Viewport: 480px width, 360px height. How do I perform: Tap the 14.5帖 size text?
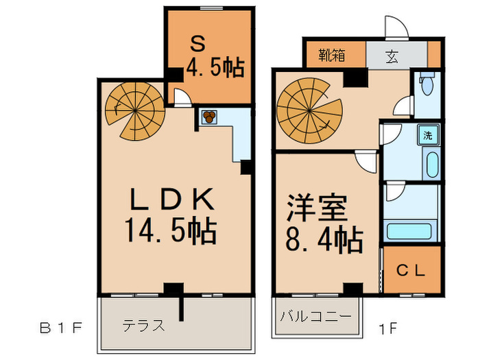[171, 232]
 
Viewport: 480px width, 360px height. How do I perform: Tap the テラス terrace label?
[143, 325]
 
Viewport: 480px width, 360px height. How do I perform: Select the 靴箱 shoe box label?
[332, 54]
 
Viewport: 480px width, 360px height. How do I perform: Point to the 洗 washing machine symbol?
[428, 134]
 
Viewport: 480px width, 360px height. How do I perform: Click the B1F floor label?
[60, 326]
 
